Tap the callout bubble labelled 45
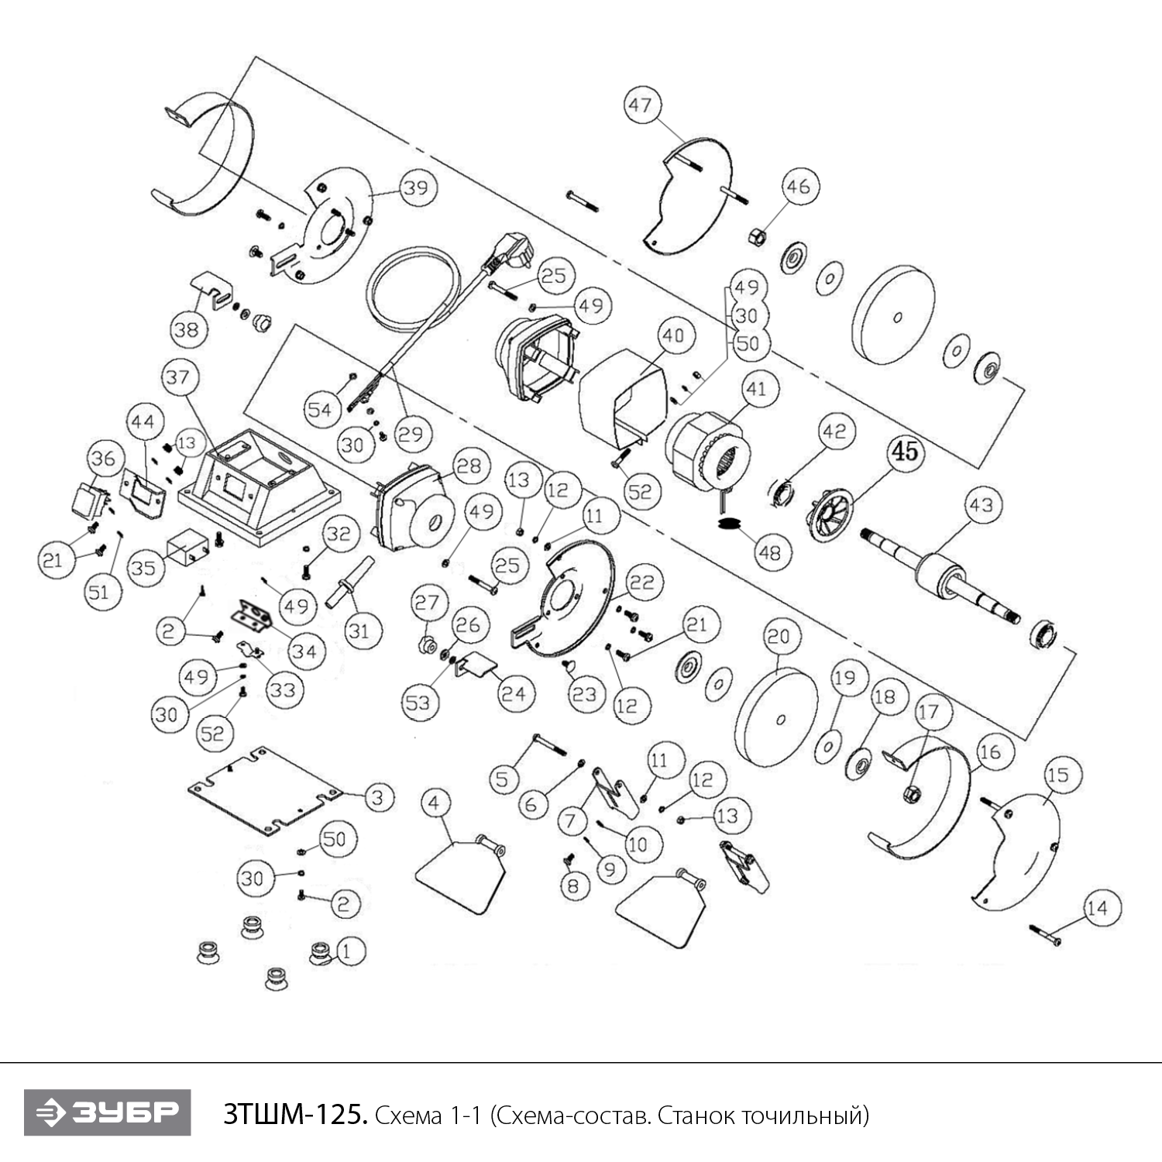(905, 451)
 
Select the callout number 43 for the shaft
(981, 506)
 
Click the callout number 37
(177, 377)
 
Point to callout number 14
(1097, 908)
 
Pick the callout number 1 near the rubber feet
(346, 951)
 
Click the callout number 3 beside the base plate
(378, 797)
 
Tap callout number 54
(319, 410)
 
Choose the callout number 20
(779, 637)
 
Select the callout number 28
(469, 466)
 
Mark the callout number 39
(417, 187)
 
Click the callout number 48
(769, 552)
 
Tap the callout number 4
(434, 803)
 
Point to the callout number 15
(1058, 775)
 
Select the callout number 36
(103, 459)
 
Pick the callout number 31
(359, 631)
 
